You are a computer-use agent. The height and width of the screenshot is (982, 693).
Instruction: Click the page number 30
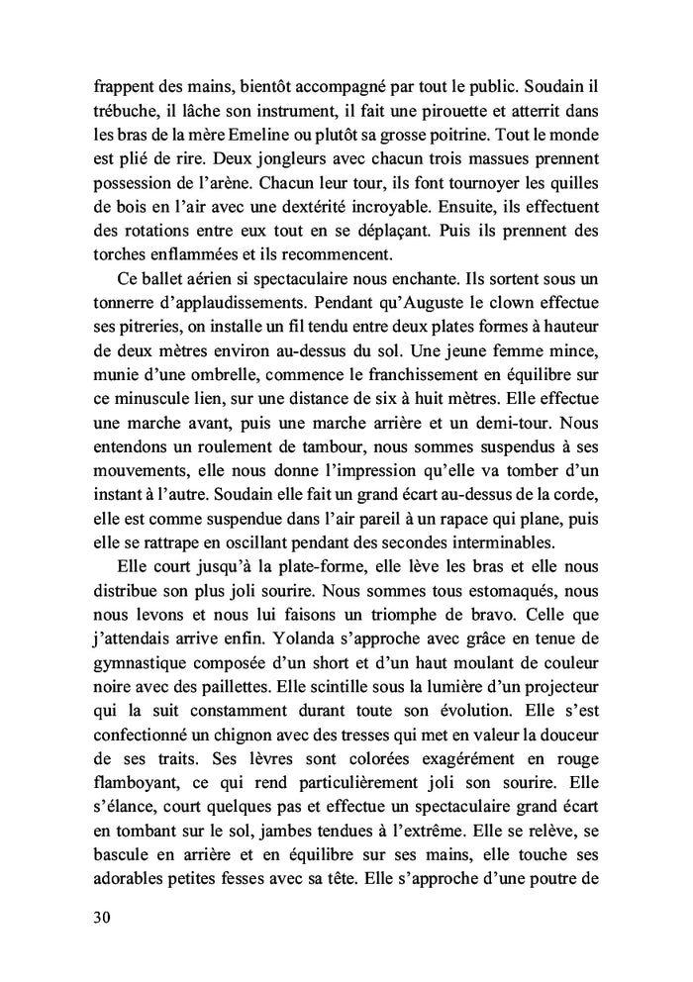(x=99, y=917)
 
